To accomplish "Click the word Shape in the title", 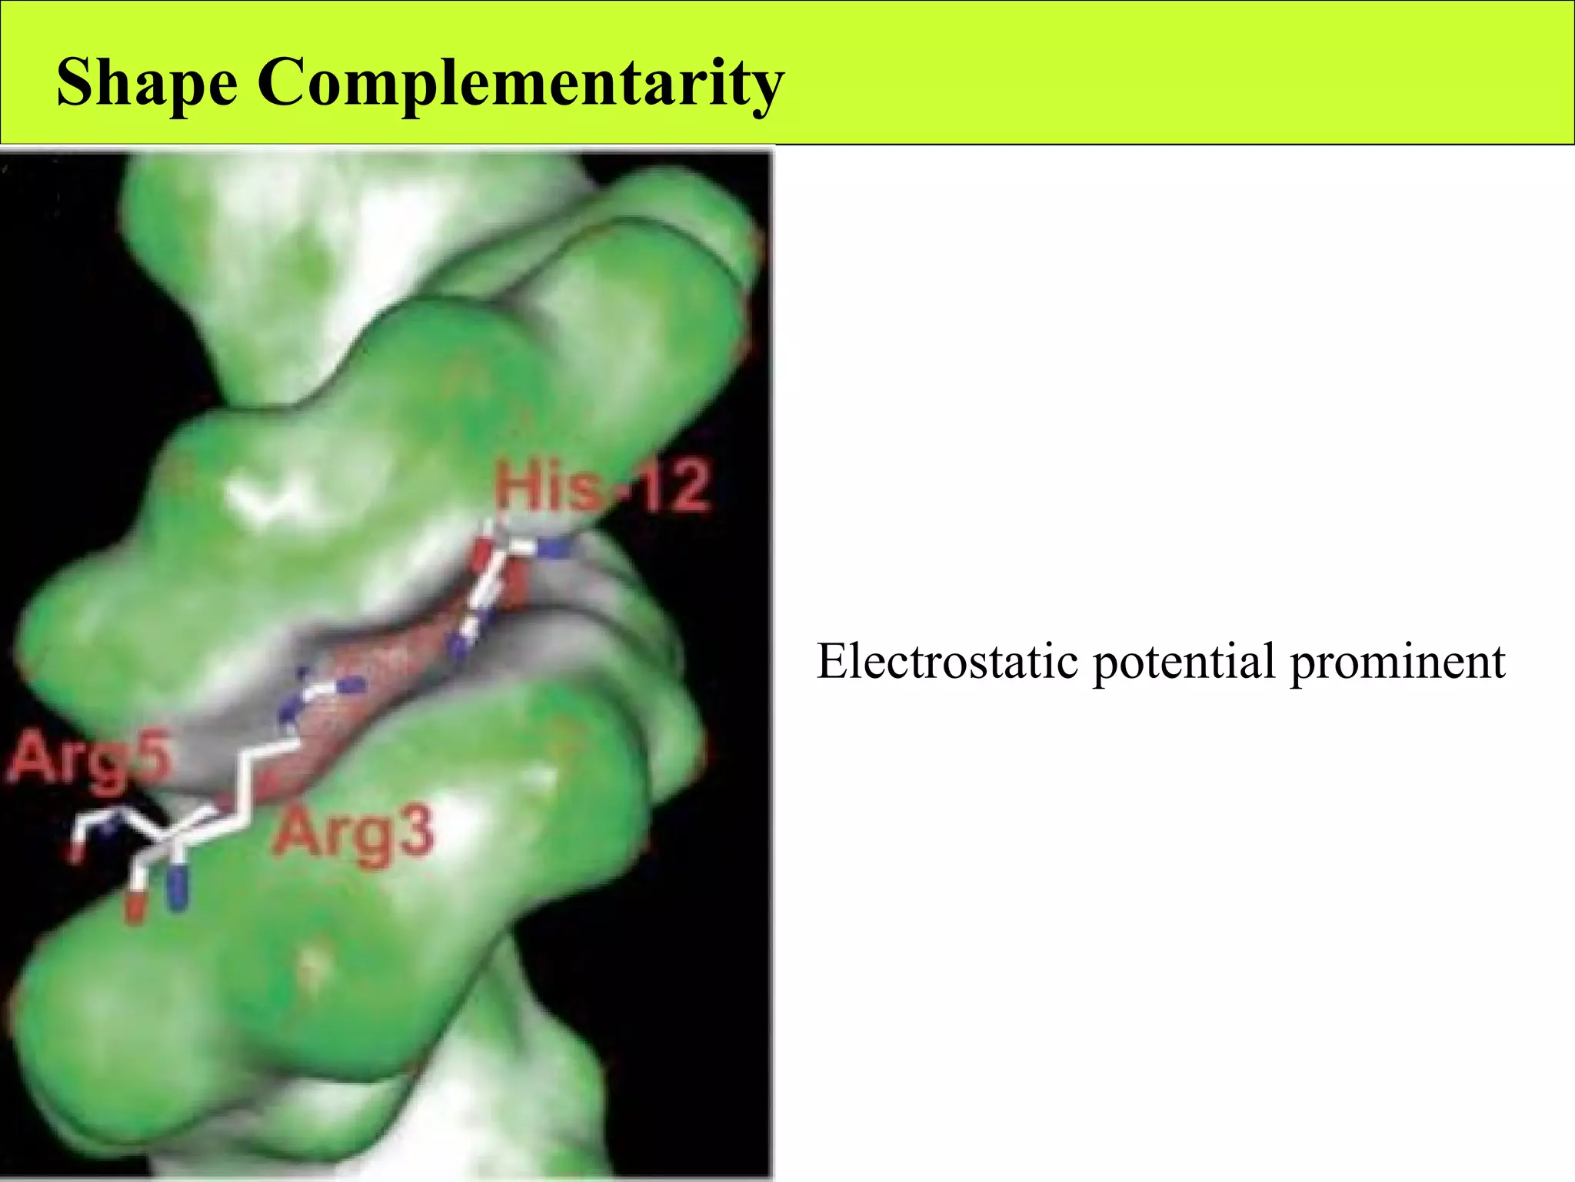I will (147, 82).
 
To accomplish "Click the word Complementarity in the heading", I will (521, 82).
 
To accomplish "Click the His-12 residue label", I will (602, 486).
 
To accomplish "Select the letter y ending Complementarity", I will (766, 88).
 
